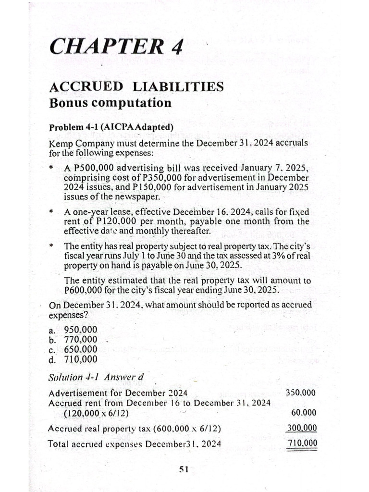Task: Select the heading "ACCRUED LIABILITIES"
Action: (x=136, y=87)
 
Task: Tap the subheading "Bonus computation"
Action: (x=110, y=103)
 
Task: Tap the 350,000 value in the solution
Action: (x=301, y=392)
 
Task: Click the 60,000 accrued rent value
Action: (x=304, y=413)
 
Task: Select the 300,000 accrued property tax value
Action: (x=301, y=428)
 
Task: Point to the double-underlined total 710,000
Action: (x=301, y=443)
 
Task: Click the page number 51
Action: (x=184, y=470)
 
